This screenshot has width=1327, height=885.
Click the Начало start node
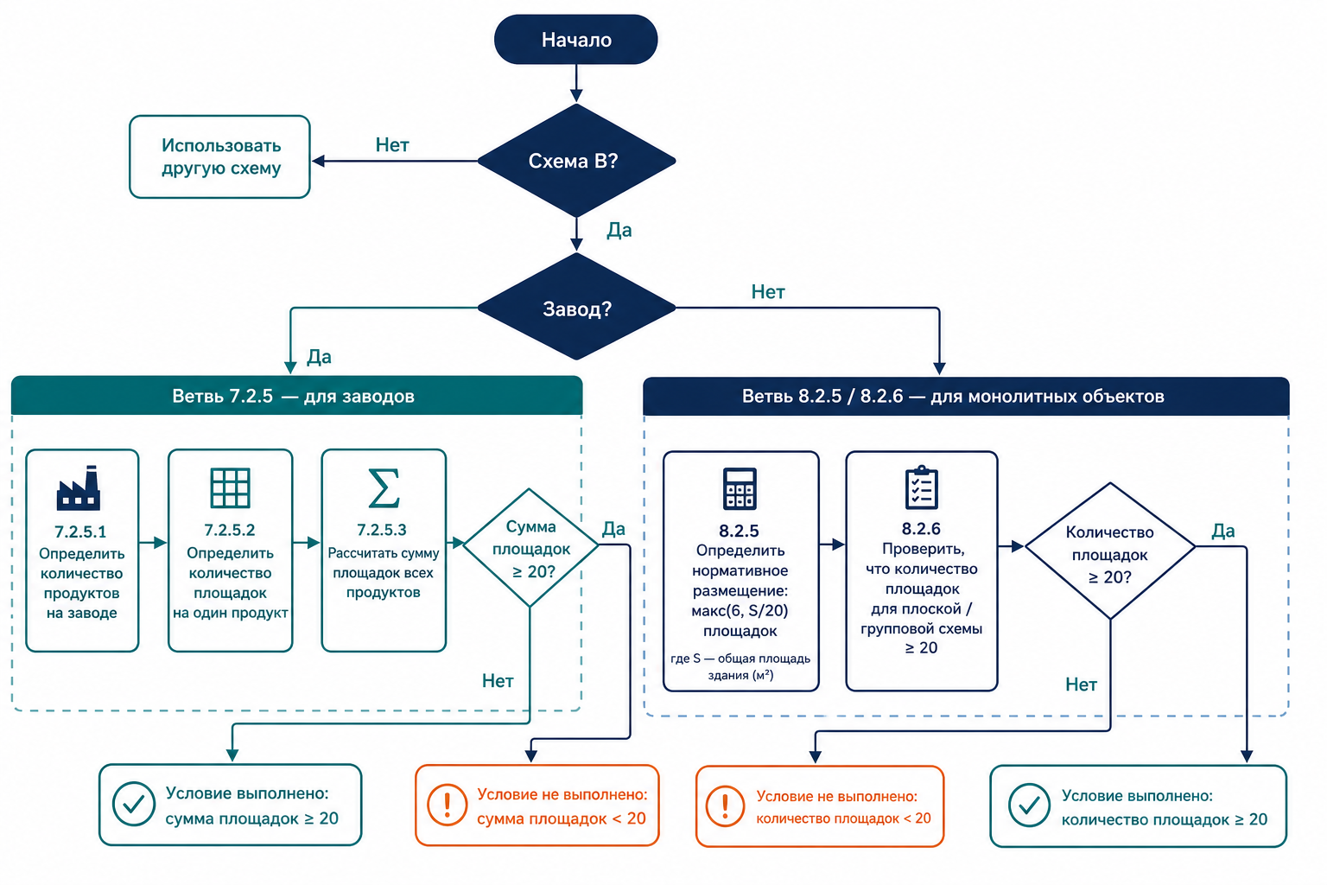click(x=576, y=40)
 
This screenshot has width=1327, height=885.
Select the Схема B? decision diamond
click(x=576, y=161)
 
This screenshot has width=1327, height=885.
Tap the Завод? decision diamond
click(x=576, y=307)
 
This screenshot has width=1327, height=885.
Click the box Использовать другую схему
click(x=219, y=156)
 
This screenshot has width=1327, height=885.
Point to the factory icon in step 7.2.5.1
click(x=79, y=487)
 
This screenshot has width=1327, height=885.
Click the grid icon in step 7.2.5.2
click(x=230, y=487)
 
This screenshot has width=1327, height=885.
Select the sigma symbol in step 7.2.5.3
click(x=384, y=487)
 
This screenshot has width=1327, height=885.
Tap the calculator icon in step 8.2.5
click(x=740, y=488)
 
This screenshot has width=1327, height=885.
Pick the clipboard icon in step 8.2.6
click(x=921, y=487)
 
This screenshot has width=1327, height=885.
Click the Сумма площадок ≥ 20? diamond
click(x=530, y=548)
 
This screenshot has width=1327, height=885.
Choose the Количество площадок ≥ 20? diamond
click(x=1109, y=551)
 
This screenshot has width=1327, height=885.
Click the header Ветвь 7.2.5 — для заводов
click(x=297, y=395)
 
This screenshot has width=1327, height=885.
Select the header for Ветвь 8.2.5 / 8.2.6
click(x=966, y=396)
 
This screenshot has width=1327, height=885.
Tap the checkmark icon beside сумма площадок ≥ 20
click(x=134, y=804)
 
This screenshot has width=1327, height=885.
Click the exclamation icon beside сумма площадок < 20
click(x=448, y=805)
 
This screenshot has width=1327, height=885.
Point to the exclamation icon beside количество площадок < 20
click(x=725, y=806)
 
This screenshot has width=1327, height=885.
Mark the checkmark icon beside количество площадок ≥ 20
click(x=1029, y=805)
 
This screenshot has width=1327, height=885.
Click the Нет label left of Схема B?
click(x=392, y=144)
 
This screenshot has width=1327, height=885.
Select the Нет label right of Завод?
click(x=768, y=291)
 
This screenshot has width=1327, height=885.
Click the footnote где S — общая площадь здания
click(x=740, y=666)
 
